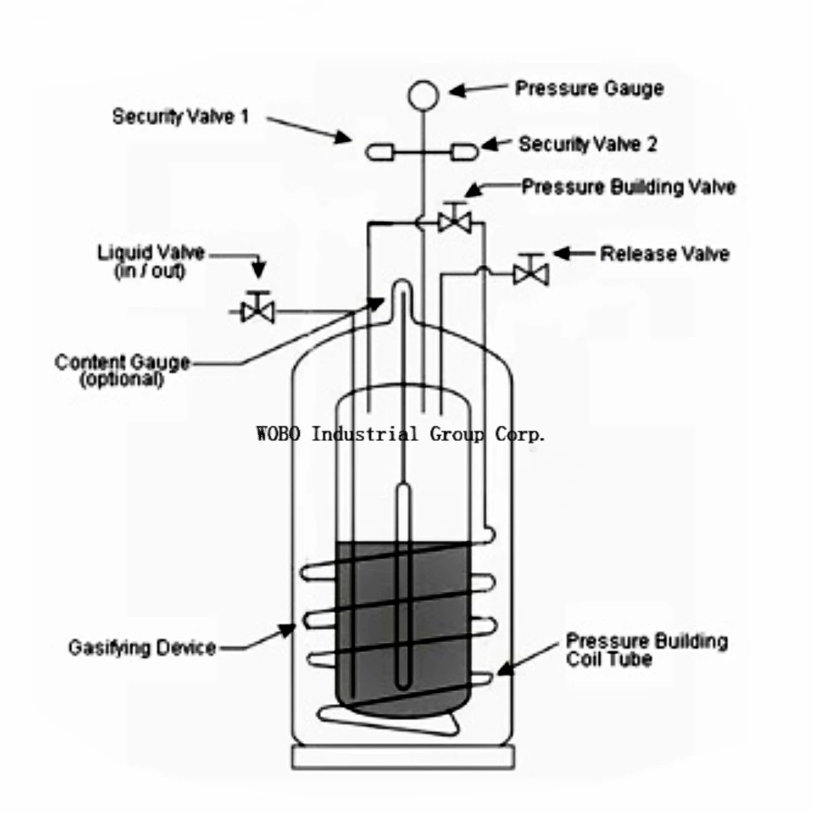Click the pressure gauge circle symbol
(423, 94)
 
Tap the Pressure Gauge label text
(589, 88)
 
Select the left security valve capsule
(379, 152)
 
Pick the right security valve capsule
(464, 152)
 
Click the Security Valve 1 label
(180, 117)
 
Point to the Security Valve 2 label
(587, 144)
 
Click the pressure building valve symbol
(454, 220)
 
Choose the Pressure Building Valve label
(628, 186)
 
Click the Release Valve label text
(664, 254)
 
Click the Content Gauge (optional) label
(122, 370)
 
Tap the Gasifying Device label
(142, 647)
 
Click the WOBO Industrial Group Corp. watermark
(400, 434)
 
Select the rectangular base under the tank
(403, 757)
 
